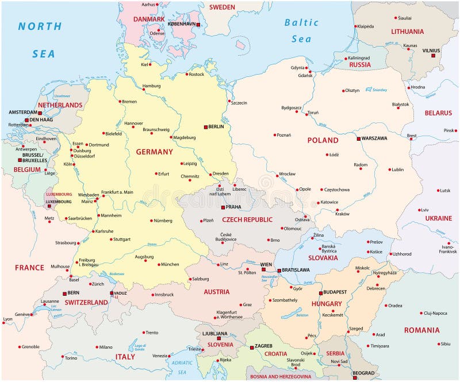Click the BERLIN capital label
[x=216, y=126]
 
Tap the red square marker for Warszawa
[x=358, y=138]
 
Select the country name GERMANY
[x=154, y=152]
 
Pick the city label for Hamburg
[x=151, y=86]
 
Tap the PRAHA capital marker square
[x=223, y=207]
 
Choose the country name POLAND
[x=323, y=140]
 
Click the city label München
[x=170, y=264]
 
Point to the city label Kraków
[x=342, y=214]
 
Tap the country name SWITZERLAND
[x=86, y=302]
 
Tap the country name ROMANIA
[x=421, y=330]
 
